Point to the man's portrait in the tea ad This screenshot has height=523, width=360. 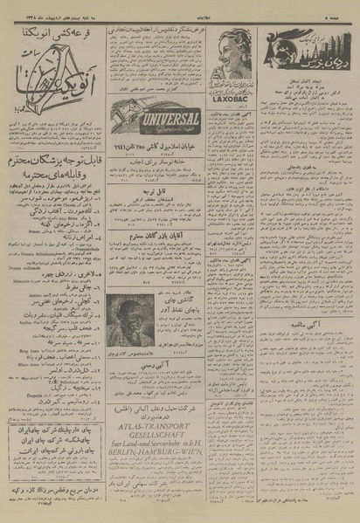(131, 319)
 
